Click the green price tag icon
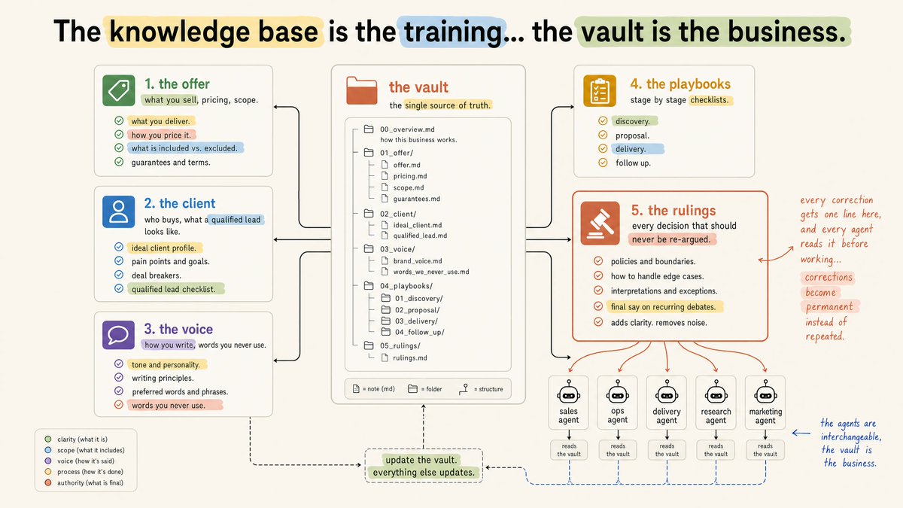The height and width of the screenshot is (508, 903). pyautogui.click(x=119, y=90)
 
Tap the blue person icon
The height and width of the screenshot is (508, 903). pyautogui.click(x=119, y=211)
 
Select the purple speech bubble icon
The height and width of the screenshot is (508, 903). pyautogui.click(x=119, y=335)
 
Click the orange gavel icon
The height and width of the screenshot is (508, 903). pyautogui.click(x=600, y=224)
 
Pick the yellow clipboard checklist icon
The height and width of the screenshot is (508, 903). pyautogui.click(x=600, y=91)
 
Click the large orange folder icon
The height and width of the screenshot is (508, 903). pyautogui.click(x=362, y=90)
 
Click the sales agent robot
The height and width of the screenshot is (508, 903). pyautogui.click(x=568, y=391)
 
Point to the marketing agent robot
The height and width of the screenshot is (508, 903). pyautogui.click(x=765, y=391)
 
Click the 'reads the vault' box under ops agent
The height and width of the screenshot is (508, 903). pyautogui.click(x=618, y=450)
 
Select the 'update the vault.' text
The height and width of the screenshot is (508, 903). pyautogui.click(x=421, y=460)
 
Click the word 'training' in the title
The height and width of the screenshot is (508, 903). pyautogui.click(x=454, y=32)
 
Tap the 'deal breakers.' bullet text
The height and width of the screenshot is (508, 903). pyautogui.click(x=157, y=275)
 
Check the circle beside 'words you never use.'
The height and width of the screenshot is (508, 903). pyautogui.click(x=119, y=404)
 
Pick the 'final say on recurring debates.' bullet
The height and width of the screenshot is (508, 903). pyautogui.click(x=663, y=307)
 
